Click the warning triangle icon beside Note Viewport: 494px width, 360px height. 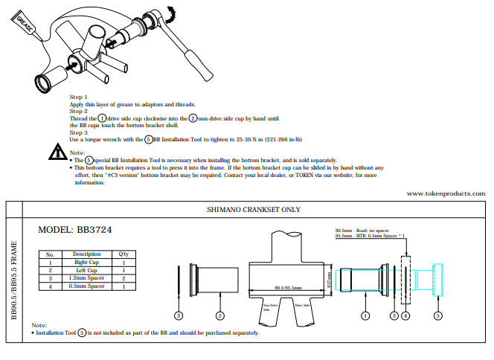58,152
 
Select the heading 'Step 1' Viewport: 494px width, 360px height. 79,97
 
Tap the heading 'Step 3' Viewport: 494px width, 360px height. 79,132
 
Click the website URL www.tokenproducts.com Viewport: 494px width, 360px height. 446,193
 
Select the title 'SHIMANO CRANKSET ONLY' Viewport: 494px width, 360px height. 253,210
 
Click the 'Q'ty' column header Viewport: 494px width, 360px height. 123,254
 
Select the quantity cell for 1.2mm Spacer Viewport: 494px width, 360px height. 123,278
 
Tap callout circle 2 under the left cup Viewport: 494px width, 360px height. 219,315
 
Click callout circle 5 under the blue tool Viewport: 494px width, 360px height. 437,315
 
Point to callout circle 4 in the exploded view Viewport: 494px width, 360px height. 405,315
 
